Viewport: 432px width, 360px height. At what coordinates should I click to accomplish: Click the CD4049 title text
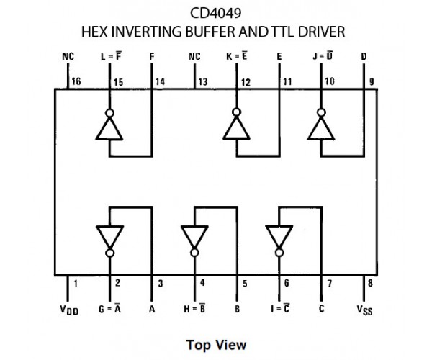click(x=216, y=13)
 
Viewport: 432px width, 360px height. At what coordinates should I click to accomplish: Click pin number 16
click(x=76, y=82)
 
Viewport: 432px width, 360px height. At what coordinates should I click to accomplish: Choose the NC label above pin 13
click(x=194, y=56)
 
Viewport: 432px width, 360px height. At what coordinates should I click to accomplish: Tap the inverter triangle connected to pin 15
click(x=109, y=128)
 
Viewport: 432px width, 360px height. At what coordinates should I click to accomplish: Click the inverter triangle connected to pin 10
click(x=320, y=128)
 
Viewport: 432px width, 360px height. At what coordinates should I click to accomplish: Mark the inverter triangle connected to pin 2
click(x=109, y=235)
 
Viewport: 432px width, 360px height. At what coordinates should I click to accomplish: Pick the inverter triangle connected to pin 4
click(x=194, y=235)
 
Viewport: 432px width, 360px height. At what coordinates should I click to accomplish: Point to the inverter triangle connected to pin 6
click(x=279, y=235)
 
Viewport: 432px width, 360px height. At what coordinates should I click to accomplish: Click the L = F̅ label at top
click(x=109, y=56)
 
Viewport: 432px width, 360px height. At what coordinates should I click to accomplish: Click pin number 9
click(x=371, y=82)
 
